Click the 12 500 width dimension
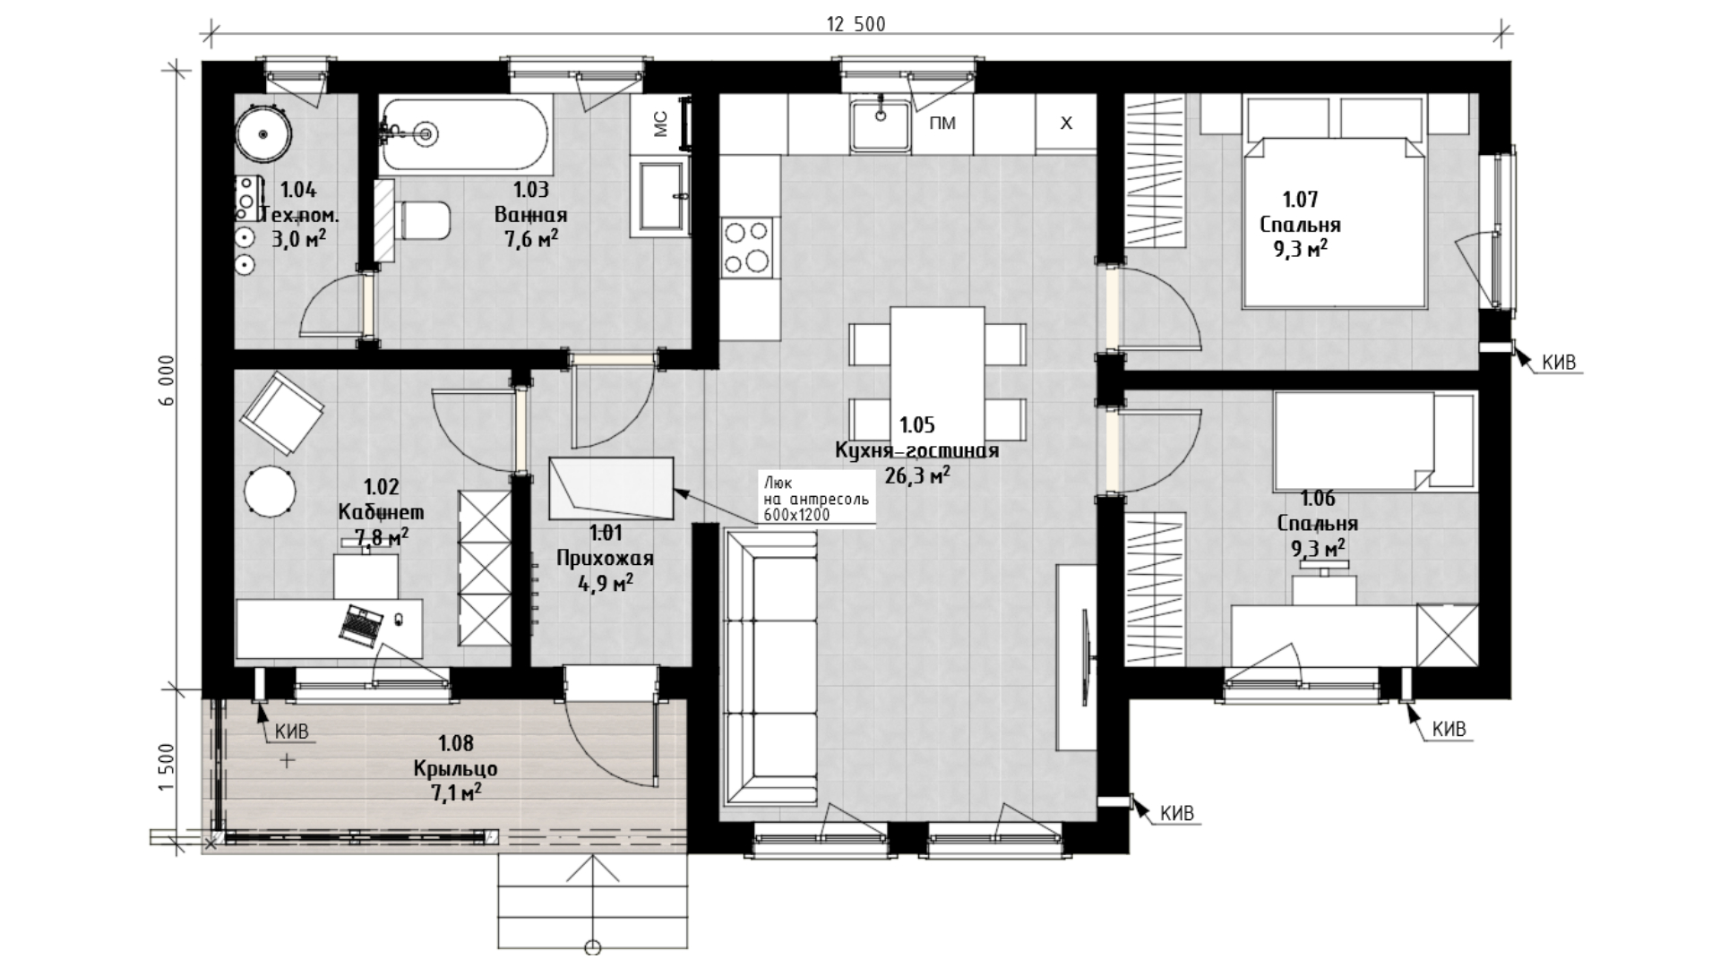point(856,24)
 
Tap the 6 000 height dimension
point(169,381)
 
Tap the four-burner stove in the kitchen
point(747,246)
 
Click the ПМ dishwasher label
point(942,124)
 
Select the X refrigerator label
point(1066,124)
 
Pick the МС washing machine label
point(661,124)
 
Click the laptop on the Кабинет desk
point(361,622)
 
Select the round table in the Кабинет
point(270,491)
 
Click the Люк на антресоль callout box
point(815,497)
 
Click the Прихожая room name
point(605,559)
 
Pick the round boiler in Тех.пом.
point(263,133)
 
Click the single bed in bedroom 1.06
point(1374,441)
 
